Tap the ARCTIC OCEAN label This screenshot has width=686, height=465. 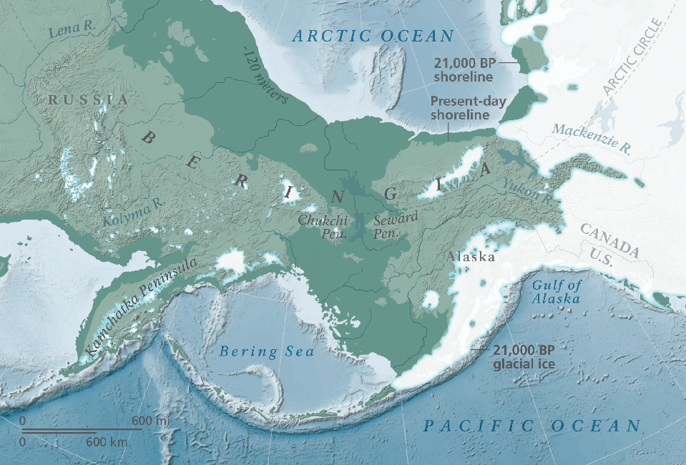pos(373,36)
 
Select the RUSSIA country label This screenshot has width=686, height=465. pos(88,99)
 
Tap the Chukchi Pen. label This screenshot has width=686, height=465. pos(323,227)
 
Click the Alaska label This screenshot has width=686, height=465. pos(470,257)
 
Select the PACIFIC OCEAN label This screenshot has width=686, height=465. pos(531,426)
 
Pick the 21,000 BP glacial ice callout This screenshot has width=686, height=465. pos(524,356)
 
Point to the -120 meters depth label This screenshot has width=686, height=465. pos(265,76)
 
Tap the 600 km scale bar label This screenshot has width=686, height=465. pos(107,442)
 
